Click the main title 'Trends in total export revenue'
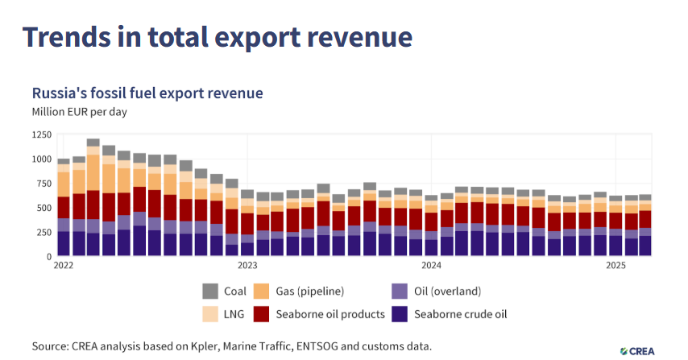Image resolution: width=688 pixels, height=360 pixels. [217, 37]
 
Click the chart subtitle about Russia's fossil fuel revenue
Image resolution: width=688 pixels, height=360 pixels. [147, 93]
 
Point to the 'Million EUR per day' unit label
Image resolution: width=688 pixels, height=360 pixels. [80, 112]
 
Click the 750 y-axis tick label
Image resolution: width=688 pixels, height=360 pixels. [44, 184]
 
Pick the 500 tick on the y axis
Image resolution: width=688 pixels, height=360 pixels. [44, 208]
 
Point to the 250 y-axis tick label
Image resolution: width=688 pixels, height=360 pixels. [44, 232]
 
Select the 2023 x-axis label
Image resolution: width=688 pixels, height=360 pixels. [247, 265]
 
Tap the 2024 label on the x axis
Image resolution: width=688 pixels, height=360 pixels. [431, 265]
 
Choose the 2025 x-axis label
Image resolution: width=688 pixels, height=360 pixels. [615, 265]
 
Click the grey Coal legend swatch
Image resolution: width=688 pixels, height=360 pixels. [210, 292]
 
